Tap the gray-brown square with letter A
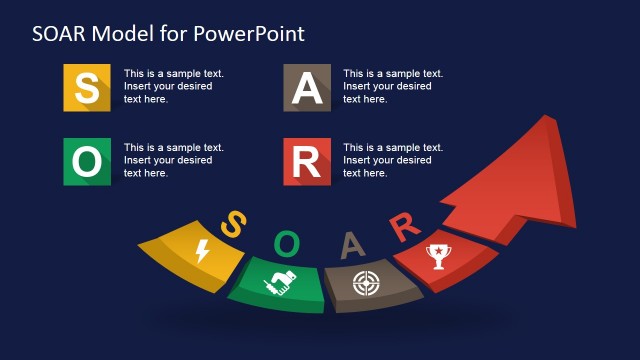pos(307,88)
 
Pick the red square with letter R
pos(307,161)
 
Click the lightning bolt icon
pos(202,250)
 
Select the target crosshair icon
pos(365,283)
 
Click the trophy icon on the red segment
pos(436,256)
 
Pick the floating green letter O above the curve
pos(287,242)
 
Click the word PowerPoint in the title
pos(252,34)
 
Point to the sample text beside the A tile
pos(393,86)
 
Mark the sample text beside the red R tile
pos(393,160)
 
